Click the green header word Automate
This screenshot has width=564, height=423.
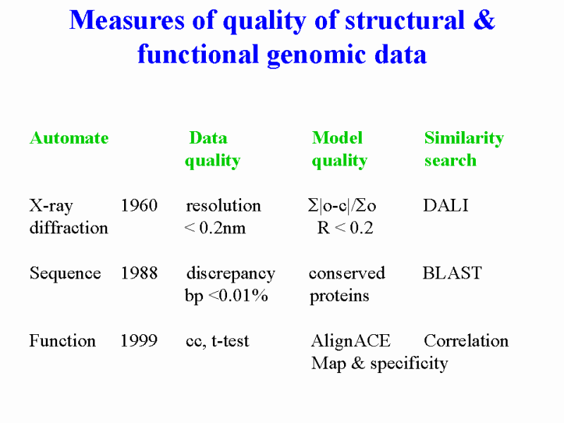(x=69, y=138)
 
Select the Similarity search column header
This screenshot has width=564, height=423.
(x=464, y=149)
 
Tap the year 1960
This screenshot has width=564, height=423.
(x=139, y=206)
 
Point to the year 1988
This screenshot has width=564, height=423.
(x=139, y=274)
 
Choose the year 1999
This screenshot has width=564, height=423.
(x=139, y=341)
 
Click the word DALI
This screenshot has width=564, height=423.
(x=446, y=206)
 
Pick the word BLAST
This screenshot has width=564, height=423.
(x=452, y=274)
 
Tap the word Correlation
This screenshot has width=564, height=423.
(x=466, y=341)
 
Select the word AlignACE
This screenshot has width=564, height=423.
(x=350, y=341)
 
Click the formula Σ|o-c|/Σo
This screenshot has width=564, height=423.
(x=342, y=206)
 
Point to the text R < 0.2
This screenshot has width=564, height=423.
(x=345, y=228)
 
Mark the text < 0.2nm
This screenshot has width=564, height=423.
(x=215, y=228)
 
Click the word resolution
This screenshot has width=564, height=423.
(x=223, y=206)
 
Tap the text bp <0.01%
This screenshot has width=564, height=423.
(x=226, y=296)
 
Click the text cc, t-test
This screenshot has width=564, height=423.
(x=217, y=341)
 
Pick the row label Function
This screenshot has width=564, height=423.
(x=63, y=341)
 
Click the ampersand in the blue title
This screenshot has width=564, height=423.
(x=484, y=20)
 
